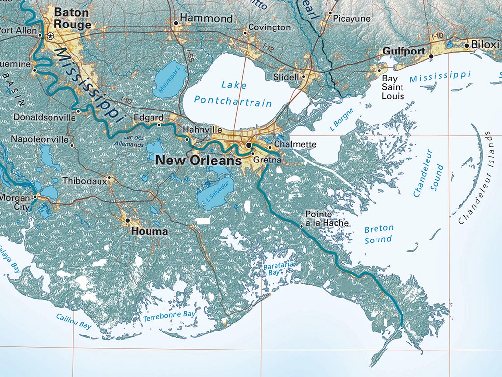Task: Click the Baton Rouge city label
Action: click(73, 18)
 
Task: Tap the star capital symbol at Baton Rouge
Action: click(50, 36)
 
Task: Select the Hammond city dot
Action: click(176, 23)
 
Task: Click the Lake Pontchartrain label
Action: click(232, 93)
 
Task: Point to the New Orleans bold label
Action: click(198, 160)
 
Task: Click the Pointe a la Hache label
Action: click(326, 218)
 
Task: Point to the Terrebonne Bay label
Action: click(169, 316)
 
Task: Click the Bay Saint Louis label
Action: click(393, 87)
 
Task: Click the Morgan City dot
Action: click(35, 197)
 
